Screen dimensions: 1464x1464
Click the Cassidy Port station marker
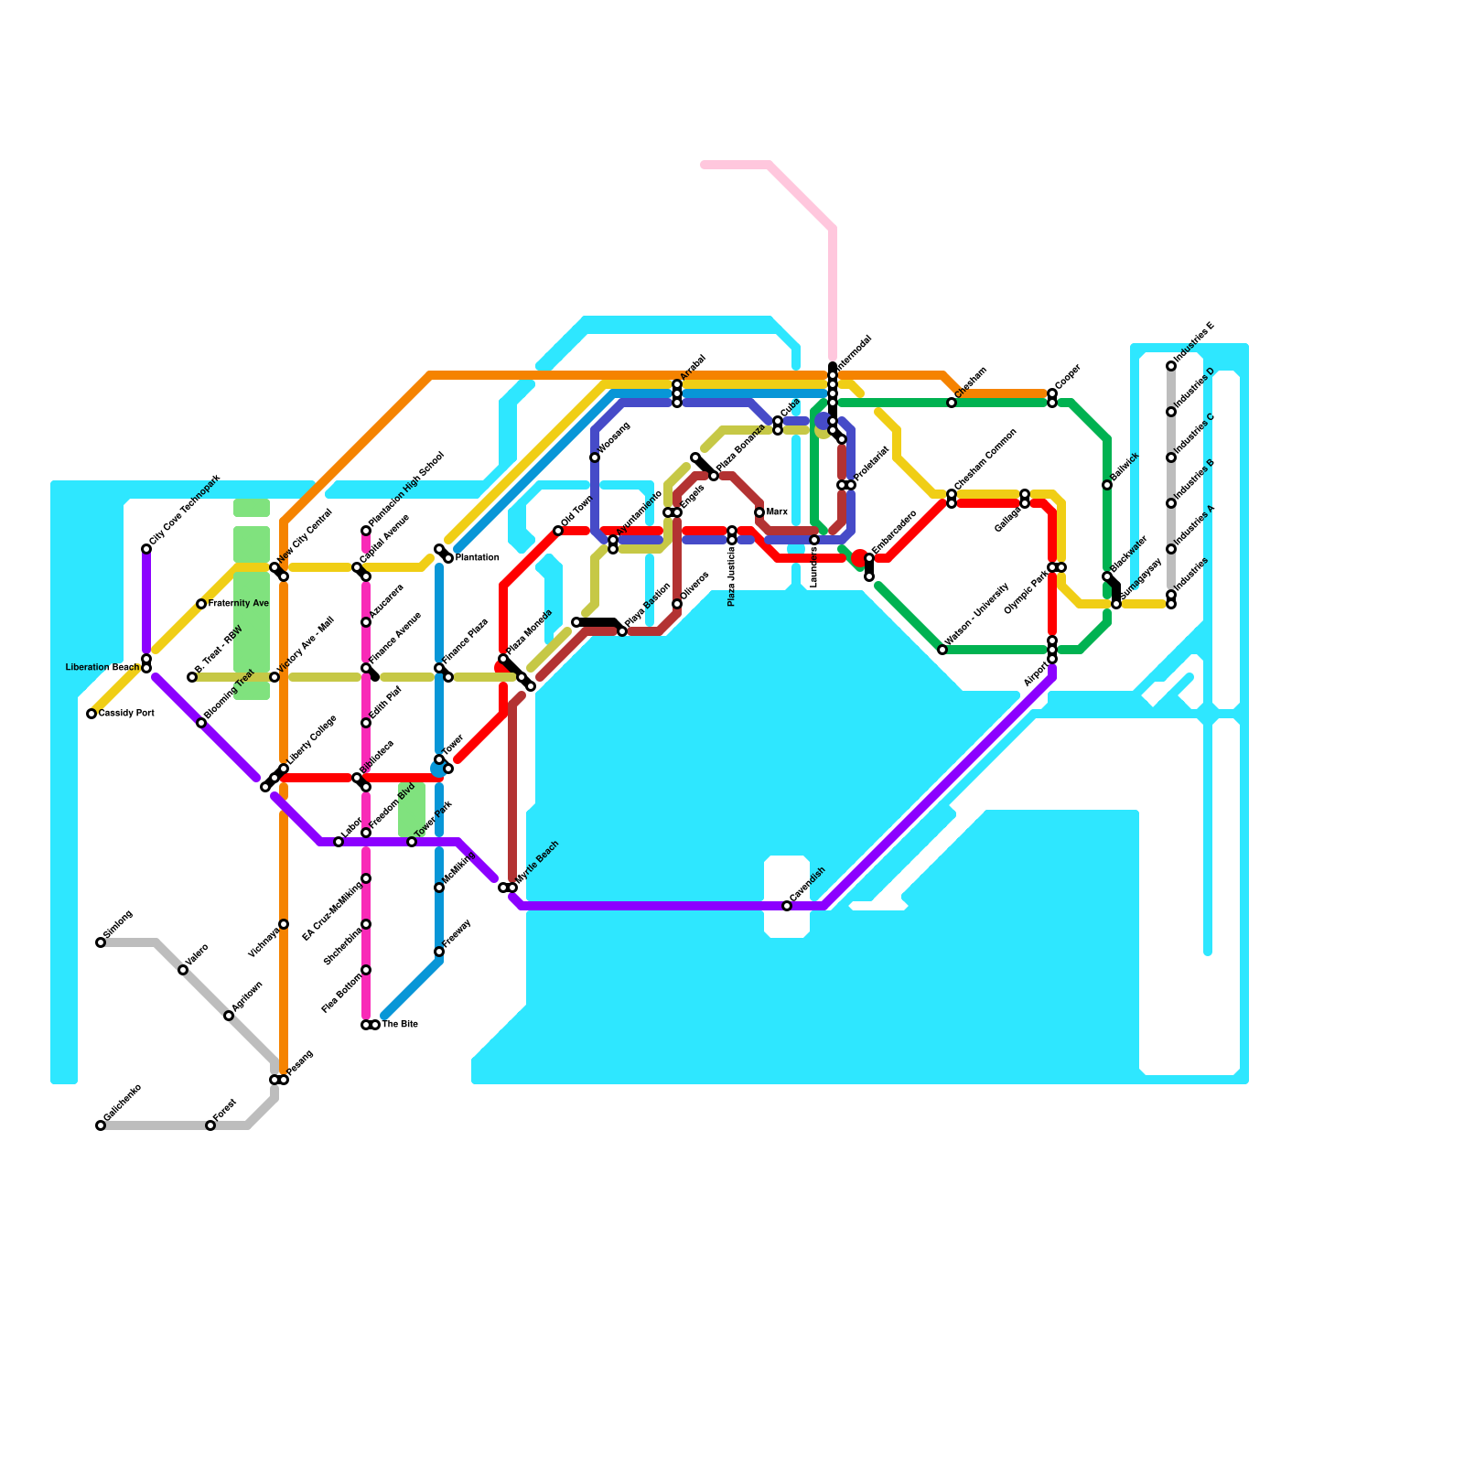pyautogui.click(x=91, y=714)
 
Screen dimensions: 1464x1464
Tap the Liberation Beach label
pyautogui.click(x=102, y=668)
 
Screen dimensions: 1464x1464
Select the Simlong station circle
pyautogui.click(x=101, y=942)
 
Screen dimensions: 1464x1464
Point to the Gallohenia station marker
pyautogui.click(x=101, y=1125)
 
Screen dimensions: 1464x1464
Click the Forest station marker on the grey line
pyautogui.click(x=210, y=1125)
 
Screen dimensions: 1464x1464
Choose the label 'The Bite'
pyautogui.click(x=400, y=1025)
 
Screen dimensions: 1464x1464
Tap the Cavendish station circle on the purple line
pyautogui.click(x=787, y=906)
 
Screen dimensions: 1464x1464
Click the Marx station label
pyautogui.click(x=777, y=512)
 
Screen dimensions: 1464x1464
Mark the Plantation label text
pyautogui.click(x=477, y=558)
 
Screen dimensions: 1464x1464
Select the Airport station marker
pyautogui.click(x=1052, y=659)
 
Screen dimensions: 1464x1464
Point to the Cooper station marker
pyautogui.click(x=1052, y=393)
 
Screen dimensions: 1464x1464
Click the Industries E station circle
pyautogui.click(x=1171, y=366)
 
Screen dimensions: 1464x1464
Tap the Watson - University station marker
pyautogui.click(x=942, y=650)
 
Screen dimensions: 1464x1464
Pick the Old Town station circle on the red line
pyautogui.click(x=558, y=531)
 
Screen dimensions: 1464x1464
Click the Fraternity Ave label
pyautogui.click(x=238, y=604)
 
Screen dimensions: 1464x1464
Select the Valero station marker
pyautogui.click(x=183, y=970)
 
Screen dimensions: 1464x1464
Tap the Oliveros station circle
pyautogui.click(x=677, y=604)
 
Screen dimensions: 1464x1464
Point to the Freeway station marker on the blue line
pyautogui.click(x=439, y=952)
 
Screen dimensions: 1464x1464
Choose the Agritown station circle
pyautogui.click(x=229, y=1016)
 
